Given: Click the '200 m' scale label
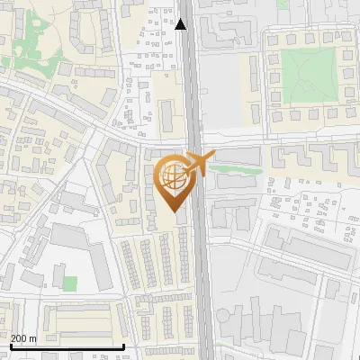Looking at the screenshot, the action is tap(23, 338).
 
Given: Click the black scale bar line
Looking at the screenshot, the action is tap(67, 346).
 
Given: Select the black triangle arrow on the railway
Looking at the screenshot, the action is tap(183, 24).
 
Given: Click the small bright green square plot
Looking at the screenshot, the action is tap(70, 283).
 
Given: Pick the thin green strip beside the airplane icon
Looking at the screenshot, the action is tap(239, 168).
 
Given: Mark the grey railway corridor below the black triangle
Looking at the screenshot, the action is tap(191, 81).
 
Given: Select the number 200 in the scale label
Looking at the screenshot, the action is tap(19, 338).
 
